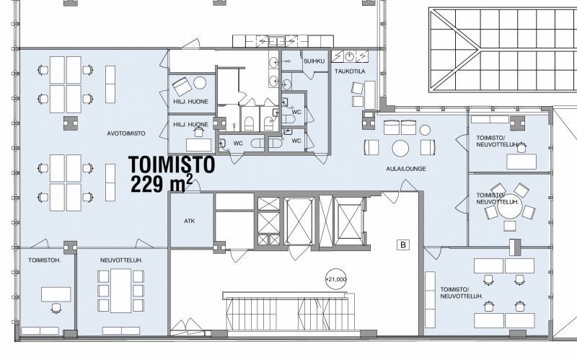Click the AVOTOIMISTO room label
coord(125,133)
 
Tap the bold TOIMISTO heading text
coord(172,164)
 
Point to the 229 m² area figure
coord(162,184)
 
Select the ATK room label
coord(189,221)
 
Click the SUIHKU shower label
coord(314,61)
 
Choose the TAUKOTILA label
coord(350,71)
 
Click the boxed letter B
coord(403,245)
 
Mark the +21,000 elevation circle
coord(336,279)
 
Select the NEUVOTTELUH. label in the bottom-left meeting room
coord(121,260)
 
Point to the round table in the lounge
coord(400,149)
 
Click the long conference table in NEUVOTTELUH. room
coord(121,291)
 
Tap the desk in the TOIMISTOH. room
coord(56,294)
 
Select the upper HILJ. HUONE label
coord(190,102)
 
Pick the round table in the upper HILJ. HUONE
coord(200,83)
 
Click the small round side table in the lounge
coord(425,131)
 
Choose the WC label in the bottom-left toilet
coord(238,143)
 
